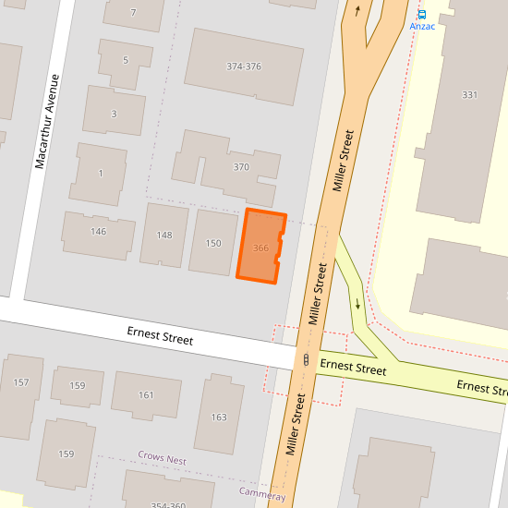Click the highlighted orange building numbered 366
point(260,248)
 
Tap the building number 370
point(241,167)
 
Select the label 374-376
point(244,67)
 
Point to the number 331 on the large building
point(469,95)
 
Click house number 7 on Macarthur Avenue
point(133,13)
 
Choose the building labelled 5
point(125,60)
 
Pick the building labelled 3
point(114,114)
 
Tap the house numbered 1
point(100,173)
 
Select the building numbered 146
point(98,231)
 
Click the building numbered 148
point(163,236)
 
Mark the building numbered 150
point(213,244)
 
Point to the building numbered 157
point(21,382)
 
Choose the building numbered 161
point(146,395)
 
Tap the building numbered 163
point(219,417)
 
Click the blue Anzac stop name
point(422,27)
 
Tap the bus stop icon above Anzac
point(422,14)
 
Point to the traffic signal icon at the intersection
point(306,360)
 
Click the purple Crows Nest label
point(162,458)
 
